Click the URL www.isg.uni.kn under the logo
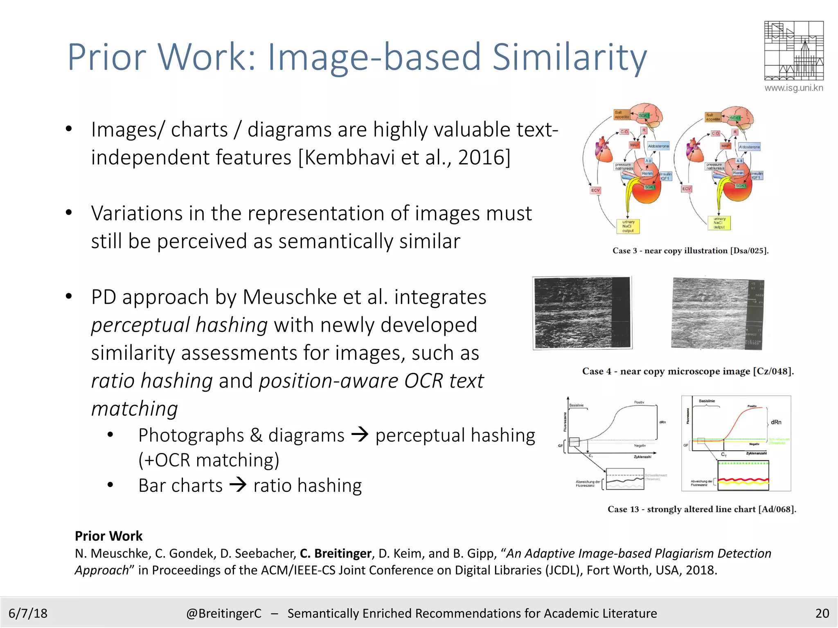point(793,88)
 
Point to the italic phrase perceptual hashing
point(179,325)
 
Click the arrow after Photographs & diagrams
point(360,434)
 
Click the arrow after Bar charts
point(238,485)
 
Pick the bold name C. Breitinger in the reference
point(336,553)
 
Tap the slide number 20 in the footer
point(822,613)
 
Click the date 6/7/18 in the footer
point(28,613)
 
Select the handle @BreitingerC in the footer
point(223,613)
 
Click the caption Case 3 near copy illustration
point(690,251)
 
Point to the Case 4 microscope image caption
point(688,371)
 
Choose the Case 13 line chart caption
point(702,509)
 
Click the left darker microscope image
point(582,313)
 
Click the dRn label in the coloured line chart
point(776,422)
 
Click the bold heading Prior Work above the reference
point(108,536)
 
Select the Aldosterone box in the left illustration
point(658,146)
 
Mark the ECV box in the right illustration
point(686,189)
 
